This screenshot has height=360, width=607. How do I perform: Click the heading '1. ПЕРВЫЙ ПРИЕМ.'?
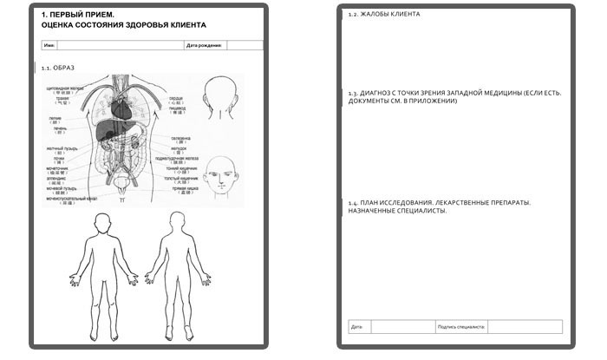[77, 15]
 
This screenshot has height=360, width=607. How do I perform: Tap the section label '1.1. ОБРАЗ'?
[59, 67]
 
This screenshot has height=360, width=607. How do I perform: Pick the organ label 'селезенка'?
[180, 138]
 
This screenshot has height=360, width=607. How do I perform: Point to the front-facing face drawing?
[221, 173]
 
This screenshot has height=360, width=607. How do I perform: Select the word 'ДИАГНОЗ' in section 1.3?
[375, 93]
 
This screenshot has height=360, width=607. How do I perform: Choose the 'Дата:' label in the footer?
[356, 327]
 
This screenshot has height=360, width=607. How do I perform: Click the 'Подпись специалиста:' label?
[462, 327]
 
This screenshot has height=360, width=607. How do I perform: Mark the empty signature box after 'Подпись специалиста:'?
[525, 327]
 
